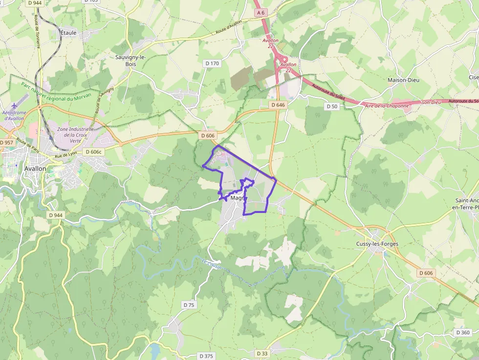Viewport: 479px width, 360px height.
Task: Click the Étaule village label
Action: tap(68, 33)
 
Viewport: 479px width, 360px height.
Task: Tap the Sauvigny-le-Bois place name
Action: tap(131, 60)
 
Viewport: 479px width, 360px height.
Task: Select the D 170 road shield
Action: tap(212, 63)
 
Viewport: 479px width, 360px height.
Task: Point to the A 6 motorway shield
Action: tap(261, 13)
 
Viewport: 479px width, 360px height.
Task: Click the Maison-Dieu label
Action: tap(403, 80)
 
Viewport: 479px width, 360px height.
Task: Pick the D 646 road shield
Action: tap(277, 105)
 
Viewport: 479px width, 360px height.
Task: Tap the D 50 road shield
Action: tap(331, 106)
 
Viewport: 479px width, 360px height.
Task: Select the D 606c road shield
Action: tap(93, 151)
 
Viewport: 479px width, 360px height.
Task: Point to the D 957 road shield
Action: tap(7, 142)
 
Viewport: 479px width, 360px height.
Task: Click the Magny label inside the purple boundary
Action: tap(237, 198)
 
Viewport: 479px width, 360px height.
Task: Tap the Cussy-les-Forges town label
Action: tap(377, 244)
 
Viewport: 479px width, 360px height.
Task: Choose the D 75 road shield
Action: tap(189, 305)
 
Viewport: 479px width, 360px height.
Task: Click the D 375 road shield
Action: tap(206, 356)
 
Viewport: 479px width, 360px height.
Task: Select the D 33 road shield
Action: tap(262, 353)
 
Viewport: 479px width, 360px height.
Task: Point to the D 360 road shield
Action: tap(462, 333)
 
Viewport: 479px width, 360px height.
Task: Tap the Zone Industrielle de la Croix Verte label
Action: tap(76, 134)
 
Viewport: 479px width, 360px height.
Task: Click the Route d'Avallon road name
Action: tap(229, 29)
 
